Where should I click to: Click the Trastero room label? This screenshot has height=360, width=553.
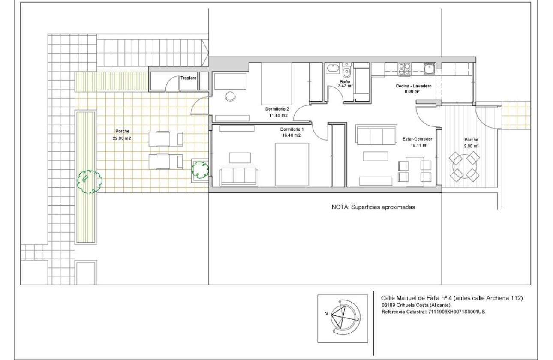188,78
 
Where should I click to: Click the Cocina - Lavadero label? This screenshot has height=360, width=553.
413,86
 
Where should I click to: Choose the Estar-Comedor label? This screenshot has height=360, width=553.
417,139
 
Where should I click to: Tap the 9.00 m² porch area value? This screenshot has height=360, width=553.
471,146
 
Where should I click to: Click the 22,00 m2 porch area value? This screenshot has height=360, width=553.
122,138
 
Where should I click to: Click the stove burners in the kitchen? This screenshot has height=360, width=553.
404,69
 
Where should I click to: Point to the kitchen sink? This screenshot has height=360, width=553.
429,69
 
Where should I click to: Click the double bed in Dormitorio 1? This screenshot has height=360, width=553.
292,164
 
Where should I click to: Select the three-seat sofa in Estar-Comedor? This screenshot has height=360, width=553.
377,135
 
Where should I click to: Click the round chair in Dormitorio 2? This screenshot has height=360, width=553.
231,96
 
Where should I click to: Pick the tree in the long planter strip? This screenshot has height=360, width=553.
89,181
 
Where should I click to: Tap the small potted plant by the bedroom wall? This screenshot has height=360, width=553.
200,170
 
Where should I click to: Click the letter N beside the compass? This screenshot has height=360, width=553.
326,313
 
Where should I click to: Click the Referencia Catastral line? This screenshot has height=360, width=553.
433,312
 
